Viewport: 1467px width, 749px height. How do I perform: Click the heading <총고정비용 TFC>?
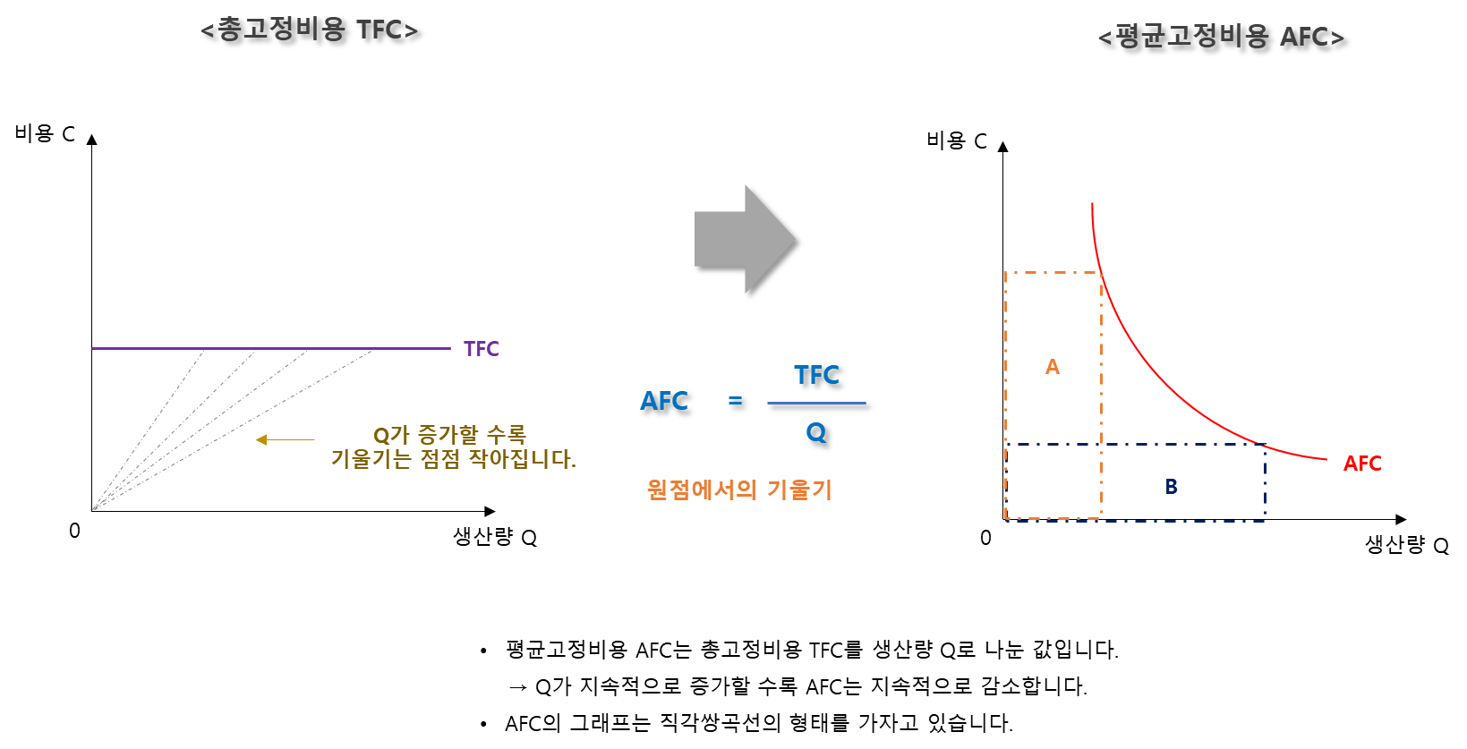pyautogui.click(x=309, y=30)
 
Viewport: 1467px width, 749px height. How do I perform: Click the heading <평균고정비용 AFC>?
pyautogui.click(x=1222, y=37)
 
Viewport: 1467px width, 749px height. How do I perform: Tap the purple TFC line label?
pyautogui.click(x=482, y=349)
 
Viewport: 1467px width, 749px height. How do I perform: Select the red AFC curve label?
pyautogui.click(x=1362, y=464)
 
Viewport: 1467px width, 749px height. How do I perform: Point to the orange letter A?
pyautogui.click(x=1053, y=367)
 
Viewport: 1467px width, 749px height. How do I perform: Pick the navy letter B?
pyautogui.click(x=1172, y=487)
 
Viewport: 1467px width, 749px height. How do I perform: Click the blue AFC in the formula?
pyautogui.click(x=664, y=401)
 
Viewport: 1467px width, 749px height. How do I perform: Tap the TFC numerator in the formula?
pyautogui.click(x=816, y=375)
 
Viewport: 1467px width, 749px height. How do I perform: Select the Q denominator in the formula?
pyautogui.click(x=816, y=432)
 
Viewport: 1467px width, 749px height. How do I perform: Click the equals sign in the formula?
pyautogui.click(x=736, y=400)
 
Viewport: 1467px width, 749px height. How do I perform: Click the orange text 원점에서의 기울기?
pyautogui.click(x=739, y=489)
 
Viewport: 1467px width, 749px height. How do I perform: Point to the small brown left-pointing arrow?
pyautogui.click(x=285, y=439)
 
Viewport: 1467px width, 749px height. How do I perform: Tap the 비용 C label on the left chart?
pyautogui.click(x=45, y=133)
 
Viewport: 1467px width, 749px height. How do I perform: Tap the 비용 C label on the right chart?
pyautogui.click(x=956, y=140)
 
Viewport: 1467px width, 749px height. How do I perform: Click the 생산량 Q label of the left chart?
pyautogui.click(x=495, y=538)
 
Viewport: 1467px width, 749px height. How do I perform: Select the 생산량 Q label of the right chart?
pyautogui.click(x=1407, y=545)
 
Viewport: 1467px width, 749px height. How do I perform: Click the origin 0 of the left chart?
pyautogui.click(x=74, y=531)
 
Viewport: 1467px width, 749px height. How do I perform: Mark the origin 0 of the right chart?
pyautogui.click(x=985, y=538)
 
